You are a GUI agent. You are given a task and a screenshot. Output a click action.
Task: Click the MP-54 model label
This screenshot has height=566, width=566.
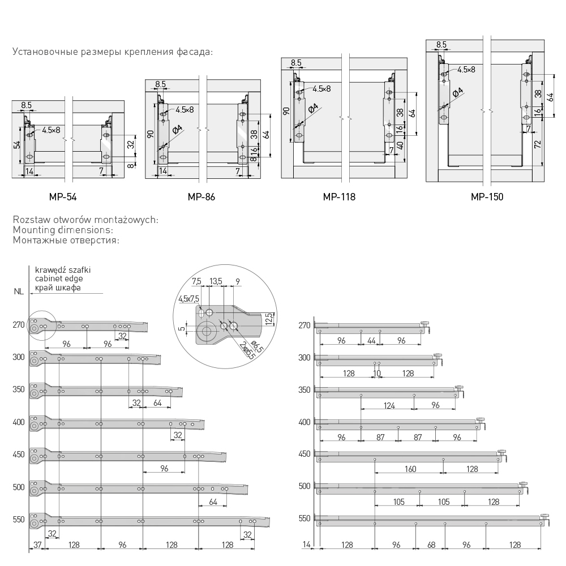(x=63, y=198)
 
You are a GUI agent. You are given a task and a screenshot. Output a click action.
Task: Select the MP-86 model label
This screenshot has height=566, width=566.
(x=201, y=198)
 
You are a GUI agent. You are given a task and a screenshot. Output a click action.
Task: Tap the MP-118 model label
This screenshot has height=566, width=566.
(x=339, y=198)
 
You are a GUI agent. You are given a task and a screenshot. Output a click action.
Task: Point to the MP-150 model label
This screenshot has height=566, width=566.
(x=487, y=198)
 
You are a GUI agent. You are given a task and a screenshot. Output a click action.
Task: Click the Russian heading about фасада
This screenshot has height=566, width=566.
(x=112, y=52)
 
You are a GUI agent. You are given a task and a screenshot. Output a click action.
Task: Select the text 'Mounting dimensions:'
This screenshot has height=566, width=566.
(x=63, y=230)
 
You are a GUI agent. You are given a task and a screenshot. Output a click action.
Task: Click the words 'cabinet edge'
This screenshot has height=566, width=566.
(x=59, y=279)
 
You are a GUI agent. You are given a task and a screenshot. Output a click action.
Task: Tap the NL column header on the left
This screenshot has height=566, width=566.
(x=19, y=292)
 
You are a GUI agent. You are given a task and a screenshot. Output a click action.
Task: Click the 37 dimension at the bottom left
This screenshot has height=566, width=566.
(x=37, y=545)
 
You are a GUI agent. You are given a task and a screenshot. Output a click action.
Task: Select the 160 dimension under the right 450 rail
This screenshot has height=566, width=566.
(x=410, y=469)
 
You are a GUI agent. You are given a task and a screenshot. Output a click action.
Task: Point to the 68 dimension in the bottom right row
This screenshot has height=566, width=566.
(x=431, y=545)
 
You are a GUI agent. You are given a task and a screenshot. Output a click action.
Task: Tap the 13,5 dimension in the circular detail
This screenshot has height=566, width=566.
(x=215, y=281)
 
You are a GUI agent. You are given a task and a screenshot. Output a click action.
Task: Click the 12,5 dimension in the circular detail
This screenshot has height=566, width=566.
(x=269, y=320)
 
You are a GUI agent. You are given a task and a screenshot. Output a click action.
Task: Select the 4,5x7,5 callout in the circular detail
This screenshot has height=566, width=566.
(x=188, y=299)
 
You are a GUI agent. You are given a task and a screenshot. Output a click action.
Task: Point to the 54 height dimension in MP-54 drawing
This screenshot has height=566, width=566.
(x=17, y=145)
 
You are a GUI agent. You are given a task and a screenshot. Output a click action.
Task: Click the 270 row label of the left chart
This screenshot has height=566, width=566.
(x=19, y=325)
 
